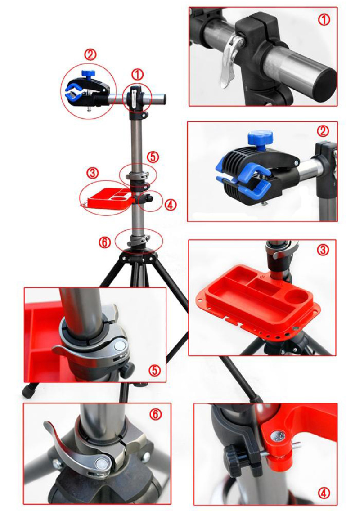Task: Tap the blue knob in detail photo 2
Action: tap(259, 139)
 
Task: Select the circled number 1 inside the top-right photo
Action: tap(324, 20)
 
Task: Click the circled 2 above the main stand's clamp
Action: tap(90, 54)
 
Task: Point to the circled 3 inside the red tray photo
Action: tap(323, 250)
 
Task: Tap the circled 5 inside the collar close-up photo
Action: tap(155, 370)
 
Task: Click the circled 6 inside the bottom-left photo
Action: tap(155, 414)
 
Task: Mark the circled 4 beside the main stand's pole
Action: tap(170, 205)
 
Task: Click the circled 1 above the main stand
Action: tap(137, 75)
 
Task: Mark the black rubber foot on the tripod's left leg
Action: tap(28, 390)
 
